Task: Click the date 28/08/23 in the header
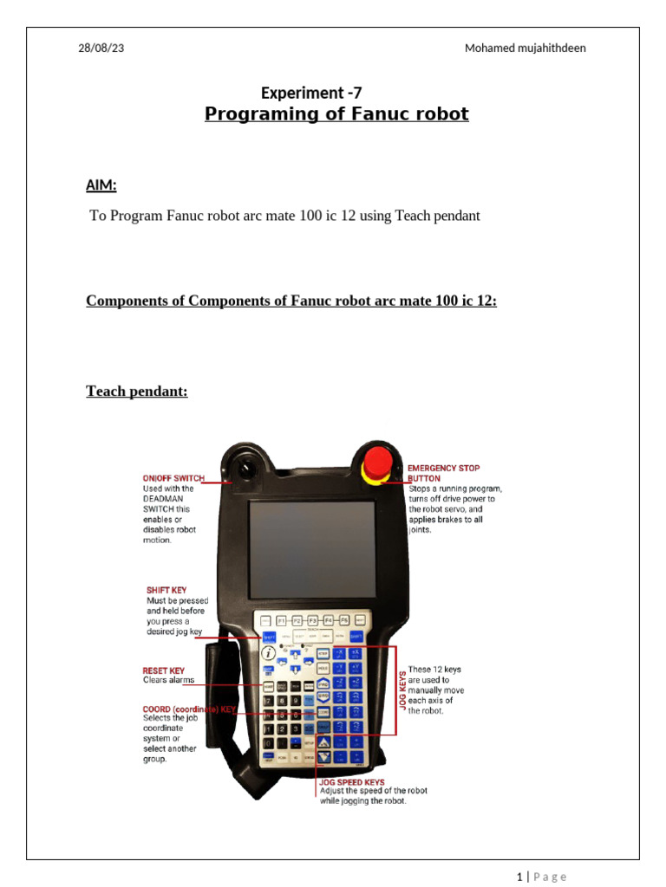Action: click(101, 49)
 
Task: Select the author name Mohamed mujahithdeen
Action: click(525, 49)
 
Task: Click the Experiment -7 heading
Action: click(311, 94)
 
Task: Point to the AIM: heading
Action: click(101, 185)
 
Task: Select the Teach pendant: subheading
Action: click(136, 392)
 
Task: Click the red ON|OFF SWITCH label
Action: click(173, 478)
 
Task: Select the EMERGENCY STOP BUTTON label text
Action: click(442, 473)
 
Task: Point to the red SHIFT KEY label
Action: click(166, 590)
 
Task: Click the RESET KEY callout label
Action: click(164, 670)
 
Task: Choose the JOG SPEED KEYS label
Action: click(352, 782)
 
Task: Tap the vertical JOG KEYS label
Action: click(402, 690)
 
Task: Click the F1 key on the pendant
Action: click(281, 620)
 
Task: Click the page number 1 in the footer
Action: click(519, 877)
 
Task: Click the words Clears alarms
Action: click(169, 680)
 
